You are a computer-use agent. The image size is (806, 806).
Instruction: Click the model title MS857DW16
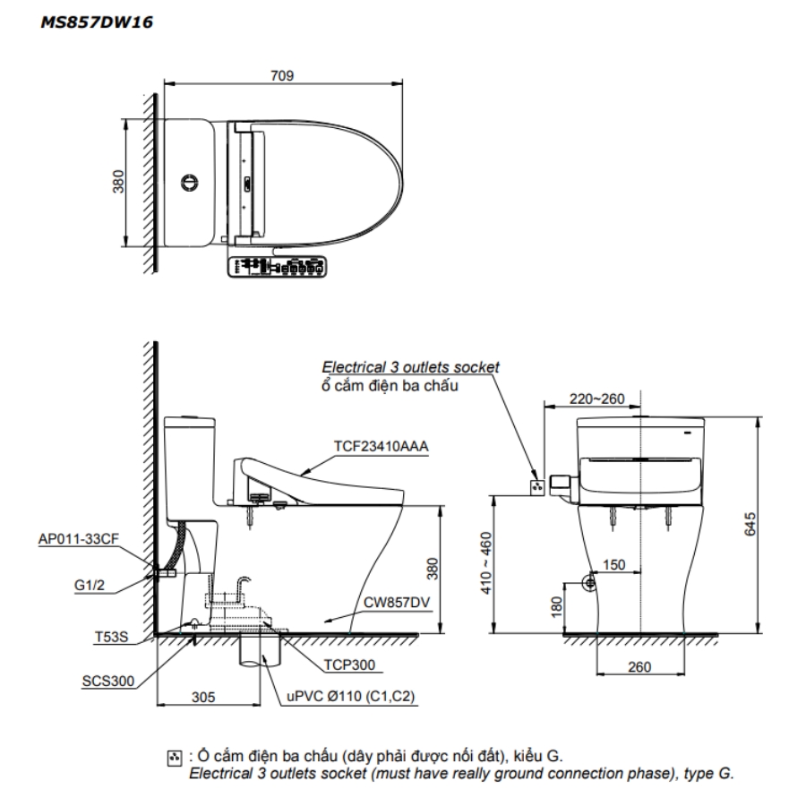point(97,22)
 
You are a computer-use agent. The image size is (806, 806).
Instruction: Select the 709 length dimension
point(282,75)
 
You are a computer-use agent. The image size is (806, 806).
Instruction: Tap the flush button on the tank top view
point(189,183)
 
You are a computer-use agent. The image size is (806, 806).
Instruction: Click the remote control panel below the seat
point(277,267)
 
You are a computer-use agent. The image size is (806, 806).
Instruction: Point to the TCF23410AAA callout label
point(381,446)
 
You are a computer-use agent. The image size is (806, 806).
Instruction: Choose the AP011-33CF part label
point(79,539)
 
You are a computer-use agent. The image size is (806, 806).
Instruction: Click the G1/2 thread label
point(90,585)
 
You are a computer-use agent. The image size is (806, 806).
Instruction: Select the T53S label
point(112,637)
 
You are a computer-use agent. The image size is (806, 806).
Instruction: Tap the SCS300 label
point(108,682)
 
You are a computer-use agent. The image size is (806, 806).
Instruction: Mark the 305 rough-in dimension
point(203,697)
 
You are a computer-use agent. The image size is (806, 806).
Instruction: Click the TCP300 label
point(349,665)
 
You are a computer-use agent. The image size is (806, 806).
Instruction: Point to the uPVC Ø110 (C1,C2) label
point(350,696)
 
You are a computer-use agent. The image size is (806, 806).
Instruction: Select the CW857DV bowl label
point(397,603)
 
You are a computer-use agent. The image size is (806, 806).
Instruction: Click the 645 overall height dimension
point(750,524)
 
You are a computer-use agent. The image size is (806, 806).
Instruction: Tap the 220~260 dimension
point(596,399)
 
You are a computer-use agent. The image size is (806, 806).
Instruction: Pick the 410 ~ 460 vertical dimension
point(485,563)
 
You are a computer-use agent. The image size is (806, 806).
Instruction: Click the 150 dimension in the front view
point(613,564)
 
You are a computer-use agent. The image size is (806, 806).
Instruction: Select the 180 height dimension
point(557,607)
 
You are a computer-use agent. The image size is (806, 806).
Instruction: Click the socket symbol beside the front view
point(537,487)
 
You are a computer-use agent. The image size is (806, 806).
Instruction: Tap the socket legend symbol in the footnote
point(175,759)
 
